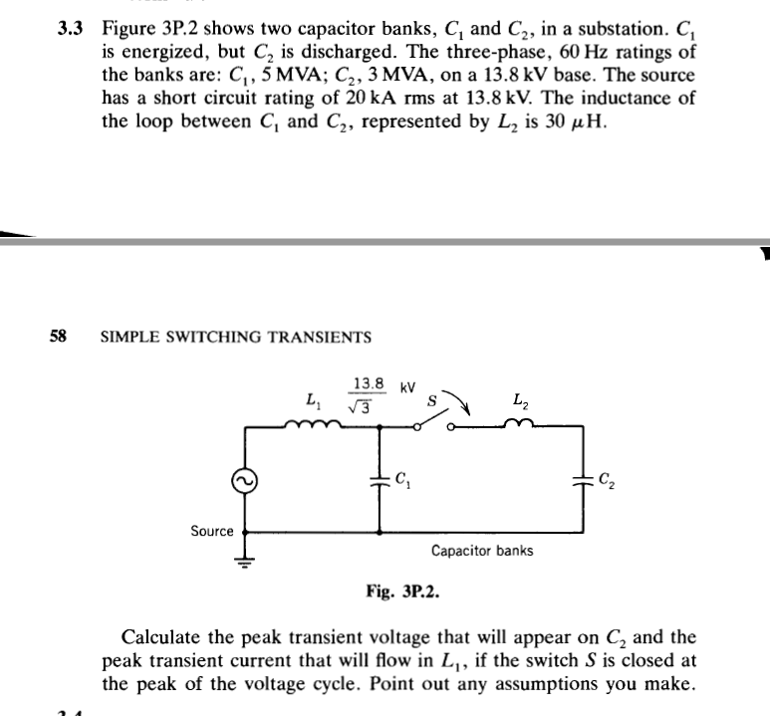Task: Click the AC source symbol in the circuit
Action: tap(242, 482)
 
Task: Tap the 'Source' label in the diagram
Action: tap(211, 531)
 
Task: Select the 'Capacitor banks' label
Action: tap(482, 550)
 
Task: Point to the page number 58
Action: tap(59, 337)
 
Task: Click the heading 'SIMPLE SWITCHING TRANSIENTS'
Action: tap(237, 337)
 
